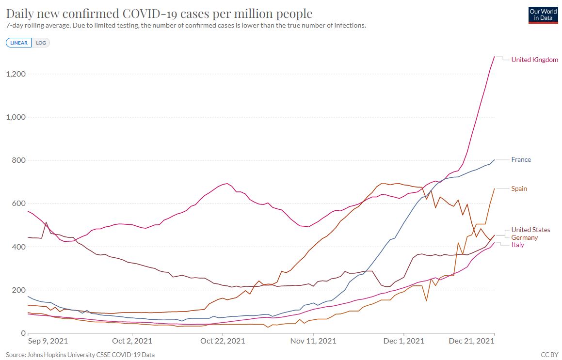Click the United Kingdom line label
point(534,60)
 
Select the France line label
point(521,159)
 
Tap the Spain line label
point(519,188)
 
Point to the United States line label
point(530,230)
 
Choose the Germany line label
point(524,237)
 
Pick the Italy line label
point(517,245)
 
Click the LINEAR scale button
point(19,43)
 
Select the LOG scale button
point(41,43)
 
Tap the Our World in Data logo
point(543,15)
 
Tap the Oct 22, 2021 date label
point(223,341)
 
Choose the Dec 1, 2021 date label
point(403,341)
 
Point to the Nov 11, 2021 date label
point(313,341)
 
